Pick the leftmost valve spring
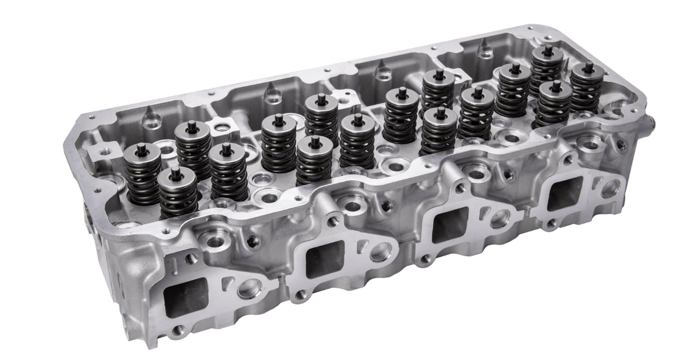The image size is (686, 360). tap(142, 175)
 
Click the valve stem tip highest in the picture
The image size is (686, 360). tap(548, 50)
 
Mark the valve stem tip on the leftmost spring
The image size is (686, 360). tap(142, 150)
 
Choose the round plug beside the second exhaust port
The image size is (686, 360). tap(380, 252)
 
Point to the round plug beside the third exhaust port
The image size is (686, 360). tap(499, 218)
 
